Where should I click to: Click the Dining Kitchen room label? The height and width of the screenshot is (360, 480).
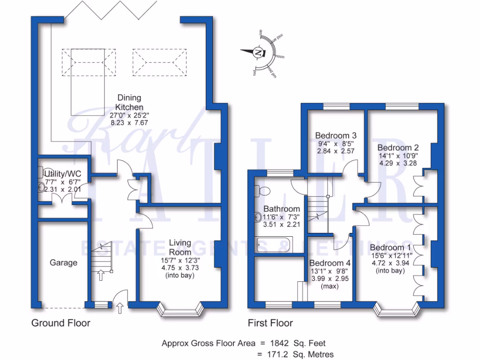tap(129, 103)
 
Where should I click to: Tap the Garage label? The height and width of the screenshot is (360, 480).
tap(63, 262)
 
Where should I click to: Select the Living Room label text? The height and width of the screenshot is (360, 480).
tap(180, 247)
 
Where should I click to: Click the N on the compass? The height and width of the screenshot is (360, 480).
tap(257, 53)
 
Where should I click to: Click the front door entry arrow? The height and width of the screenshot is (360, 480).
tap(120, 308)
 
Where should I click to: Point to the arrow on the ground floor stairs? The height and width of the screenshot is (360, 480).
tap(100, 275)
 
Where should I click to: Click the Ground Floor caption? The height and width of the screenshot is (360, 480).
tap(60, 323)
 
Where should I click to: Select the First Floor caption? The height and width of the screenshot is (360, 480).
tap(270, 323)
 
